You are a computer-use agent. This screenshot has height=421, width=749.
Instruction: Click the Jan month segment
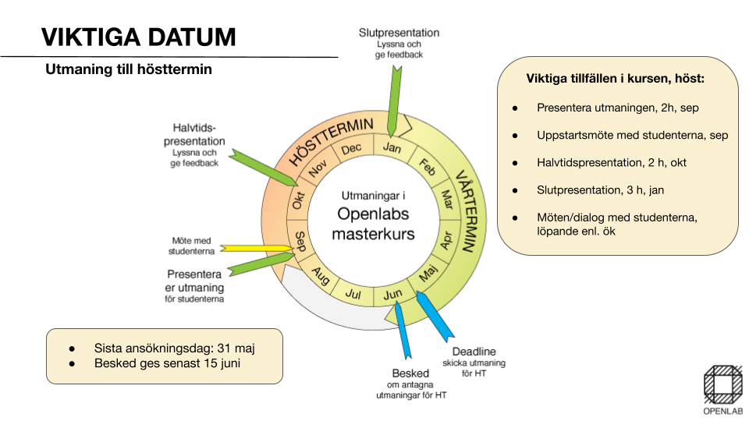[x=392, y=146]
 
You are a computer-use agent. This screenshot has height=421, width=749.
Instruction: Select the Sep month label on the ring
[x=300, y=239]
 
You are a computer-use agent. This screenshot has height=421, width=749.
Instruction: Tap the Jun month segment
[x=392, y=294]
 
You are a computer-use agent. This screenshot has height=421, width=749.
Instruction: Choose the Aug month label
[x=321, y=274]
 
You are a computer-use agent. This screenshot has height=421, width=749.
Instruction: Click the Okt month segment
[x=298, y=200]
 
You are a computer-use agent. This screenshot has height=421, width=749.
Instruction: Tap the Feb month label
[x=428, y=165]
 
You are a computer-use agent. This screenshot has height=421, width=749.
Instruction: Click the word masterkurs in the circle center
[x=373, y=234]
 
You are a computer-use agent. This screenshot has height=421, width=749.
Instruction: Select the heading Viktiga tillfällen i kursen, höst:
[x=616, y=80]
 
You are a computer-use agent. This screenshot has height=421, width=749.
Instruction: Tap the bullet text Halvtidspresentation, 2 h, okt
[x=612, y=162]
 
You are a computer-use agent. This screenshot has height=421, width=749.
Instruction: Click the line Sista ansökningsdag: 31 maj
[x=175, y=348]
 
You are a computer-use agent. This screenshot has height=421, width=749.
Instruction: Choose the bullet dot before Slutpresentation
[x=515, y=189]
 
